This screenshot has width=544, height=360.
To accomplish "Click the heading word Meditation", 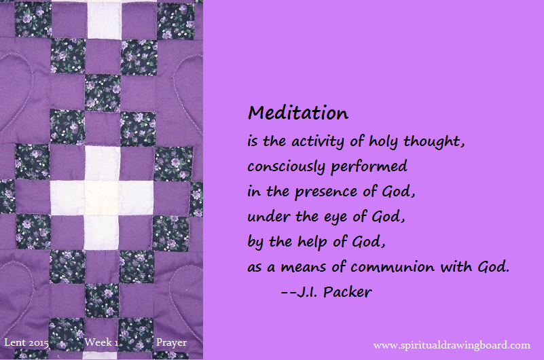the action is pyautogui.click(x=298, y=113).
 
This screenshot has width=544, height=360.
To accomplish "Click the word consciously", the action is pyautogui.click(x=286, y=167).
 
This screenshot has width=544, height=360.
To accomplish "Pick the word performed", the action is pyautogui.click(x=369, y=166).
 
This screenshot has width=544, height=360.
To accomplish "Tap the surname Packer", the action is pyautogui.click(x=347, y=292).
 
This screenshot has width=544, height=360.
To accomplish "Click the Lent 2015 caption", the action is pyautogui.click(x=26, y=342).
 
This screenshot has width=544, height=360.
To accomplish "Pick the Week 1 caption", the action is pyautogui.click(x=101, y=342).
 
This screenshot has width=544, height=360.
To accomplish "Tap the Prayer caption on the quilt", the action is pyautogui.click(x=171, y=343).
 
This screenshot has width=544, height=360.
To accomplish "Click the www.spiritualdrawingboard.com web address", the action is pyautogui.click(x=452, y=346).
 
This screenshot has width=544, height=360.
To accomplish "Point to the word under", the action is pyautogui.click(x=268, y=217).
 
